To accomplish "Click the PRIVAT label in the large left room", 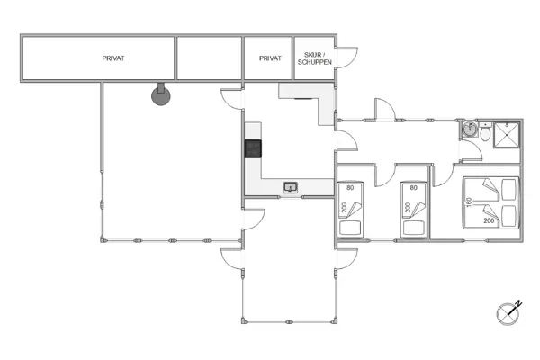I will [113, 58].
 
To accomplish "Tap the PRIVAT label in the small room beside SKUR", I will [270, 58].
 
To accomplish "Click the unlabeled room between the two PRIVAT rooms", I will [209, 58].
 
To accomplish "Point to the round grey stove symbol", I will [160, 94].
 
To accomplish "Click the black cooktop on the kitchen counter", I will [253, 149].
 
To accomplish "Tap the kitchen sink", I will [291, 187].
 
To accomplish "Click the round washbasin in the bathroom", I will [469, 130].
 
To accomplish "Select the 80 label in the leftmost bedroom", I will [350, 188].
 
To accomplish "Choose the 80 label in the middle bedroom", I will [414, 188].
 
